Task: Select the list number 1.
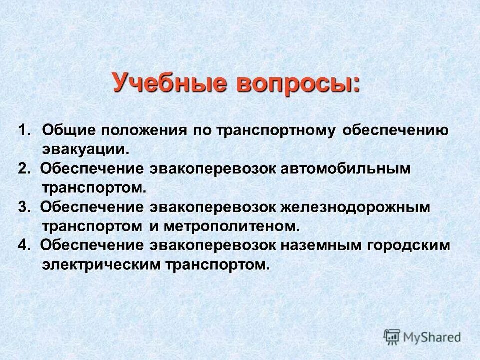coord(25,130)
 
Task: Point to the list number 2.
coord(24,169)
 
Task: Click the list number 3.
coord(24,207)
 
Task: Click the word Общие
coord(69,130)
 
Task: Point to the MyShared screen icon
coord(392,337)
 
